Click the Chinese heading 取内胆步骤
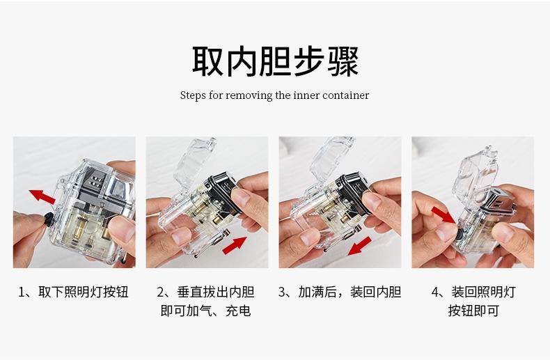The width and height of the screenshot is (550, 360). [276, 61]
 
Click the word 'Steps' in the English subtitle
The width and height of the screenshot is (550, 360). [193, 95]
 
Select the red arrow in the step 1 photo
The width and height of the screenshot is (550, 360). [42, 196]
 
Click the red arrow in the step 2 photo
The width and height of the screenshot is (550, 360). [235, 245]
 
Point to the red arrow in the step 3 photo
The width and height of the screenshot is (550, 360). [359, 246]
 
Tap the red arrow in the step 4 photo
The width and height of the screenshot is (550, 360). [443, 214]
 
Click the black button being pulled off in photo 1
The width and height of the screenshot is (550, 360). [49, 219]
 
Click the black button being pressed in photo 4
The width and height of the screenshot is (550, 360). [459, 234]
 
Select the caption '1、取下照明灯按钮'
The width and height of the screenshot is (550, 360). [73, 292]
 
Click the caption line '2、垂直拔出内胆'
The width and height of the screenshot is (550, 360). [206, 292]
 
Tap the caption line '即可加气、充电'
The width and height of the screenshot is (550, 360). [206, 311]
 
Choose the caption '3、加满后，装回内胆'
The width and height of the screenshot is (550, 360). [340, 292]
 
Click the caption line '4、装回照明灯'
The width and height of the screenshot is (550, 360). [473, 292]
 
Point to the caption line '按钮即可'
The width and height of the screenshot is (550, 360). [473, 311]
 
